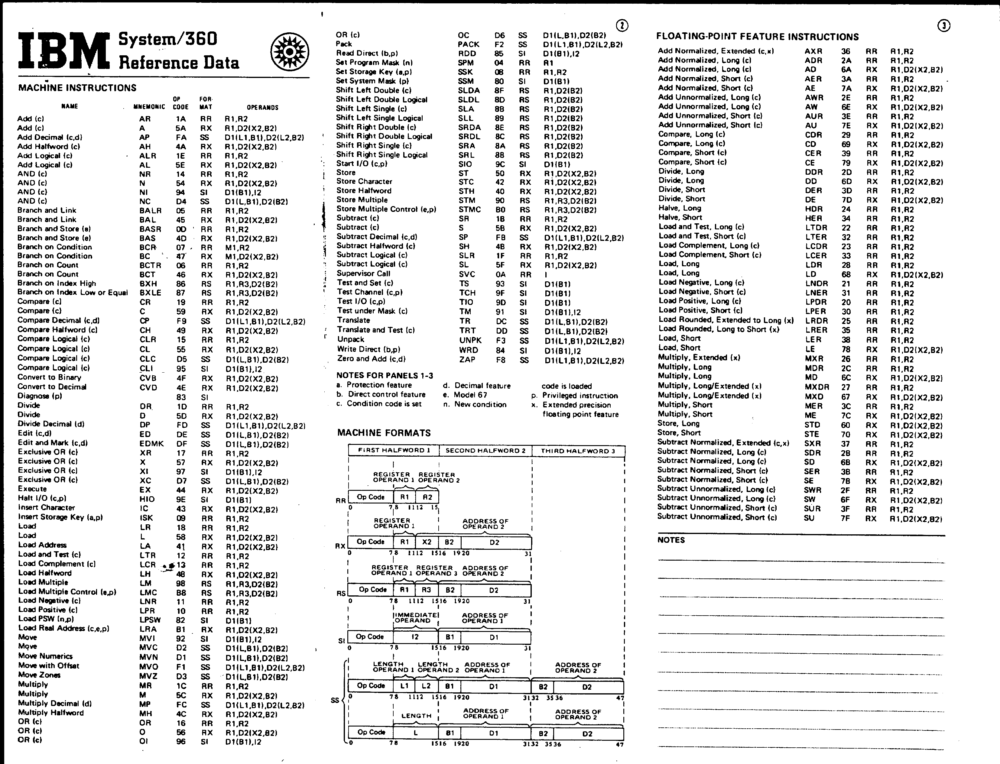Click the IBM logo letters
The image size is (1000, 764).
(x=64, y=50)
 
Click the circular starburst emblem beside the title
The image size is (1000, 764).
(x=290, y=52)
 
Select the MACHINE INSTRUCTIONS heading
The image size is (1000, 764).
(x=77, y=88)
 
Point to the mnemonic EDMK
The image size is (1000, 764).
(x=151, y=443)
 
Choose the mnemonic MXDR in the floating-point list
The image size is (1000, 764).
(x=816, y=387)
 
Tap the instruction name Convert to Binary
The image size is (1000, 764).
(x=49, y=377)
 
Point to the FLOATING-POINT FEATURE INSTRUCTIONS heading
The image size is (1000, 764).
(x=757, y=37)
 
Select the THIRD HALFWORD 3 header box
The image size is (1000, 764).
(x=578, y=451)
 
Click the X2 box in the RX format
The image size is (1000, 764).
(x=427, y=542)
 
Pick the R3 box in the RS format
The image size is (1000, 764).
(x=426, y=590)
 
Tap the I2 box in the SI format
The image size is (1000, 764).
(x=415, y=637)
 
